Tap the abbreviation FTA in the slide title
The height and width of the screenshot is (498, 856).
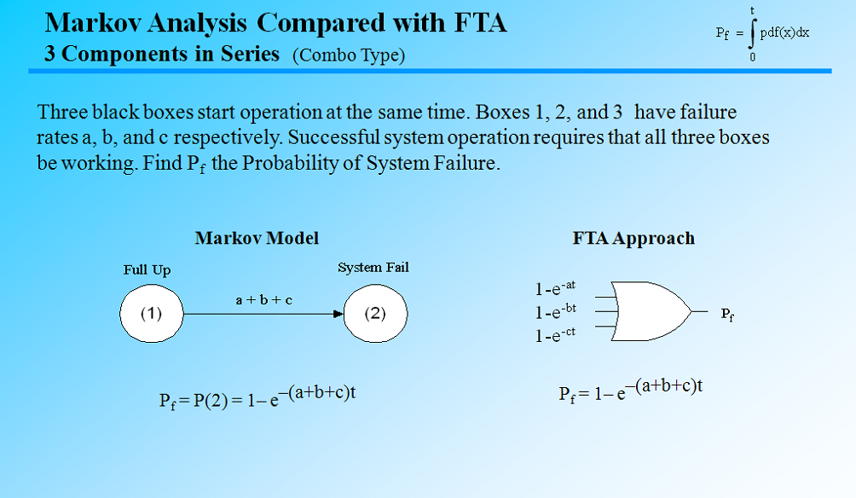point(477,22)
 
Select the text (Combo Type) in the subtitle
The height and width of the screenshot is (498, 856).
point(349,55)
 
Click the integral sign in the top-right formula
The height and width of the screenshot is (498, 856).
point(752,34)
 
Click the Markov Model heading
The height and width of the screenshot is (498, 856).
point(257,238)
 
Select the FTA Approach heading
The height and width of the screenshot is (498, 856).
point(633,239)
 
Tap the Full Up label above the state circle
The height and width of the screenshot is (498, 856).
point(147,269)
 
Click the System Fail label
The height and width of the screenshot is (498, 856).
point(373,268)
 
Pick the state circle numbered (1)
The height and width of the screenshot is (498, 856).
point(151,313)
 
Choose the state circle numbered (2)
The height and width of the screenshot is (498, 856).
point(375,313)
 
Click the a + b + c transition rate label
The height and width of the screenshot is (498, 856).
point(263,300)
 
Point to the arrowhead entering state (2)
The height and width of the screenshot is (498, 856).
point(338,314)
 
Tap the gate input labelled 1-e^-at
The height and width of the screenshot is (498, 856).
point(556,289)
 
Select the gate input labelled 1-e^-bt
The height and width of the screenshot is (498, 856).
point(556,312)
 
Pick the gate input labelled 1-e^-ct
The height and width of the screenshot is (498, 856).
point(556,335)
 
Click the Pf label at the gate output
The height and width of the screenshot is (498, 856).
point(726,314)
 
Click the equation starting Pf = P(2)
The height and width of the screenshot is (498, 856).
point(257,397)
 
